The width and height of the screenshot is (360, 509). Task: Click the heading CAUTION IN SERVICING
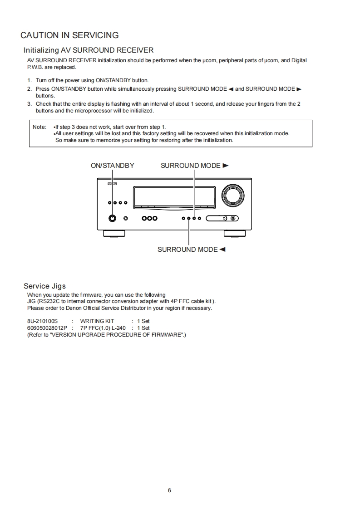pos(69,35)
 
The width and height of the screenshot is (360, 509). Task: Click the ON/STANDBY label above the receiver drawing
pos(112,166)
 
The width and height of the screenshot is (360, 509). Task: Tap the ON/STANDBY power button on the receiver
pos(113,218)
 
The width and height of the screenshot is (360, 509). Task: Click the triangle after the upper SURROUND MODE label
pos(226,166)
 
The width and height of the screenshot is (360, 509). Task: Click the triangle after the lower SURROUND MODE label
pos(222,250)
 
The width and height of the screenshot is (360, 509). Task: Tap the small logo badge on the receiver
pos(112,184)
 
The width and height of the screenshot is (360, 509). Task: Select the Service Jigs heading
pos(44,286)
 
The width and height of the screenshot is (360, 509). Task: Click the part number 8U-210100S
pos(43,321)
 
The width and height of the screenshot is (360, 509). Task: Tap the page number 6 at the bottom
pos(169,490)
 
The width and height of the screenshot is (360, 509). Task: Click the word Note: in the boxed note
pos(39,127)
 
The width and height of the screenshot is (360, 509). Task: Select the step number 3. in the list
pos(30,104)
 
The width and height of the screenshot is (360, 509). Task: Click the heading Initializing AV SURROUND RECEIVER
pos(89,50)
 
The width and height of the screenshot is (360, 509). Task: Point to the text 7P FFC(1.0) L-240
pos(103,328)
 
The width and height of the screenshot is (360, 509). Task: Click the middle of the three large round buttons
pos(149,218)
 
